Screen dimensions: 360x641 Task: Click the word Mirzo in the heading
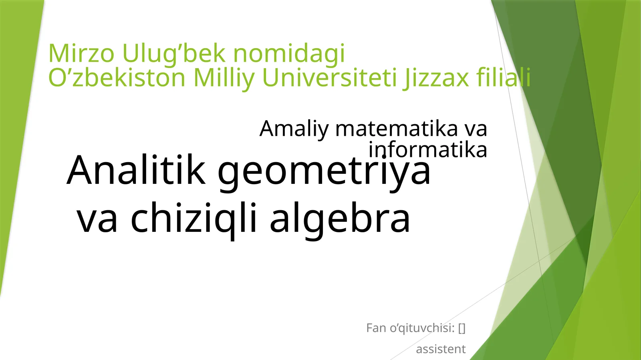pos(81,53)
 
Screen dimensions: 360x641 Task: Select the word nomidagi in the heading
pos(289,54)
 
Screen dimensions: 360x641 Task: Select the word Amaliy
pos(294,129)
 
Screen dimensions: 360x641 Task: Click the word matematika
pos(396,129)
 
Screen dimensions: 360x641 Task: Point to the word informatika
pos(427,150)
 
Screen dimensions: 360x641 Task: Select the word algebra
pos(340,219)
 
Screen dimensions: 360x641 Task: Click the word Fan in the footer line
pos(376,328)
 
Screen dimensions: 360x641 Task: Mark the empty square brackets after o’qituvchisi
pos(462,328)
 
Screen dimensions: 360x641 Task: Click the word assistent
pos(441,349)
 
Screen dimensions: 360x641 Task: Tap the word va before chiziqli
pos(97,219)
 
